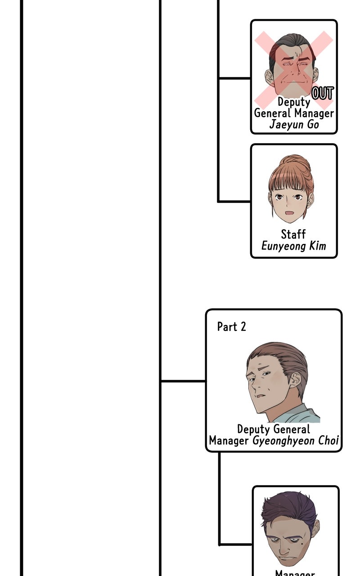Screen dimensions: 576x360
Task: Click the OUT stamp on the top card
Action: pos(322,93)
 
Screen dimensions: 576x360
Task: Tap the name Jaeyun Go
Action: pos(294,125)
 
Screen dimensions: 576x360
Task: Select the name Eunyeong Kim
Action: pos(293,246)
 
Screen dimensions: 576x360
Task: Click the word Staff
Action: pos(293,234)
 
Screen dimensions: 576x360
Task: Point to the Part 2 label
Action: pos(232,327)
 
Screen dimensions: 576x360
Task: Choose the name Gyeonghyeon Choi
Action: pos(295,441)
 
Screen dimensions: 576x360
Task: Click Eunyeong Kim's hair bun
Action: pos(295,162)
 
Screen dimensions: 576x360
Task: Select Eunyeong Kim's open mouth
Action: pos(290,212)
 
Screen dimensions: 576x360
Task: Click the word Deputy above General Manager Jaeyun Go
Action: pos(293,102)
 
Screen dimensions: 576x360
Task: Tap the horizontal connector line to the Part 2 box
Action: pos(183,381)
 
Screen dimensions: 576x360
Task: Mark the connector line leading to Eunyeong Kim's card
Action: pos(234,201)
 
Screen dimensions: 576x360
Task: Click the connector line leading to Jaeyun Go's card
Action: pos(234,78)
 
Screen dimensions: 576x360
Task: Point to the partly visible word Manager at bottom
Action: pos(295,573)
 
